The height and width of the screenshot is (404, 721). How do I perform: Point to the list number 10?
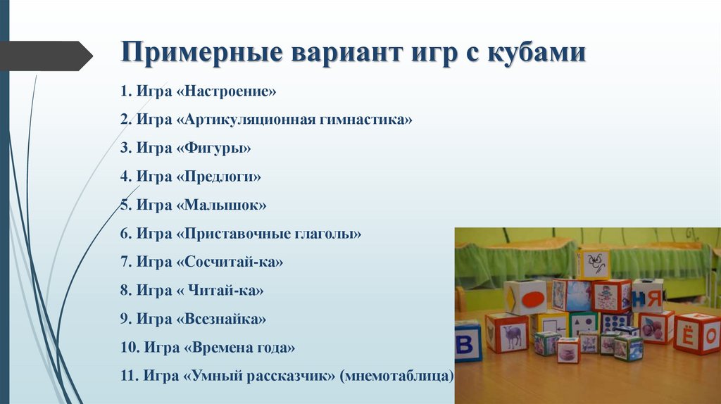(x=129, y=347)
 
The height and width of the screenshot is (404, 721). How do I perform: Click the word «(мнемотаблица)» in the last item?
(x=396, y=375)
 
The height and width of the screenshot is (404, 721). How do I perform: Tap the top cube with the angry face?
(x=594, y=264)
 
